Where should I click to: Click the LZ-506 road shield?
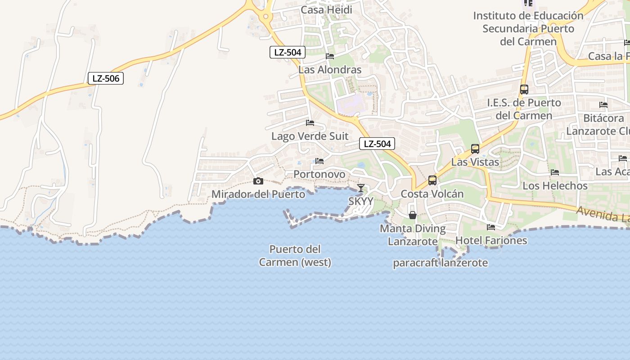(x=106, y=78)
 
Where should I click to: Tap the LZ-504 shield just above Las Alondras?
(x=288, y=52)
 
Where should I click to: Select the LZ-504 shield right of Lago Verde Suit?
(x=377, y=144)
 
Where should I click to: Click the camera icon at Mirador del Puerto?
(x=258, y=181)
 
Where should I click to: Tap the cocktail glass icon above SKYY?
(x=360, y=188)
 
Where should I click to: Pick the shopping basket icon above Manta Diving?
(x=412, y=215)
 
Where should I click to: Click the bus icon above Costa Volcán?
(x=432, y=180)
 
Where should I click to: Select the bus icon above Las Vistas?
(x=475, y=148)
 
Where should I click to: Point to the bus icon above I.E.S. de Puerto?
(x=524, y=89)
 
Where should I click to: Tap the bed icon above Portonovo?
(x=319, y=161)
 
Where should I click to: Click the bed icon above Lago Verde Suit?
(x=310, y=122)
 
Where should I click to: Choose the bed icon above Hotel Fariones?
(x=491, y=227)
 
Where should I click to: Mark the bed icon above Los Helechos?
(x=555, y=172)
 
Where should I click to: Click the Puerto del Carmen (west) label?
(x=295, y=256)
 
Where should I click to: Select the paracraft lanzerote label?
(x=440, y=263)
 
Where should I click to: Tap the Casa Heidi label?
(x=327, y=10)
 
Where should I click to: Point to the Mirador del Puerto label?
(x=258, y=194)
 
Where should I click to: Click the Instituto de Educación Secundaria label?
(x=528, y=28)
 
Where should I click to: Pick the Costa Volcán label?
(x=432, y=194)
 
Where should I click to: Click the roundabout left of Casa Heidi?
(x=266, y=17)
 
